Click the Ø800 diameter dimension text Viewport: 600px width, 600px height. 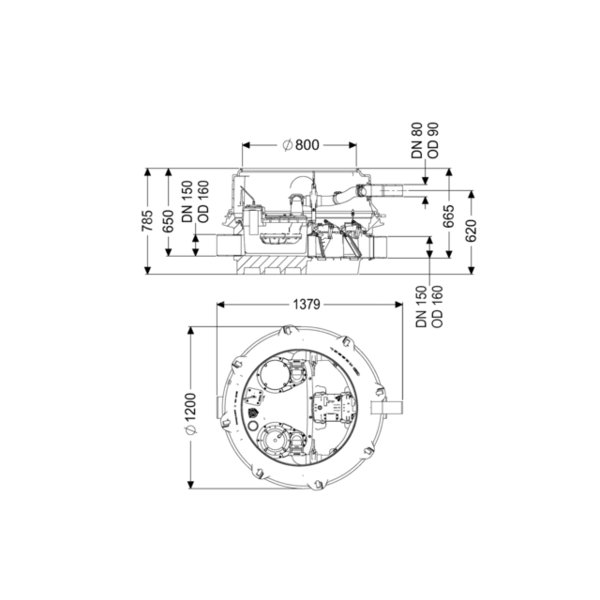tap(301, 145)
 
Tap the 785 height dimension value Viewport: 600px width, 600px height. tap(147, 220)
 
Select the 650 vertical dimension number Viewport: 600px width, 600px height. tap(168, 221)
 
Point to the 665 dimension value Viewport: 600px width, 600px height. tap(448, 216)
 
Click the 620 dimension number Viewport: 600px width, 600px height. tap(471, 231)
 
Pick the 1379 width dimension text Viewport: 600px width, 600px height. tap(307, 305)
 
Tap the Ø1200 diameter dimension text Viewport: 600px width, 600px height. tap(191, 414)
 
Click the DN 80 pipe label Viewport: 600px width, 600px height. tap(417, 140)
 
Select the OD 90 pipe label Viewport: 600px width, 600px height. tap(433, 140)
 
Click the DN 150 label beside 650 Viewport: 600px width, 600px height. tap(187, 202)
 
